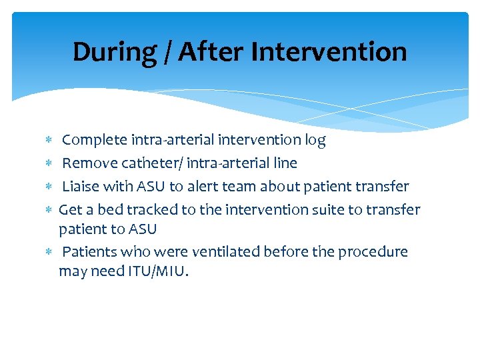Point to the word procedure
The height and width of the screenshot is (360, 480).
(x=373, y=253)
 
